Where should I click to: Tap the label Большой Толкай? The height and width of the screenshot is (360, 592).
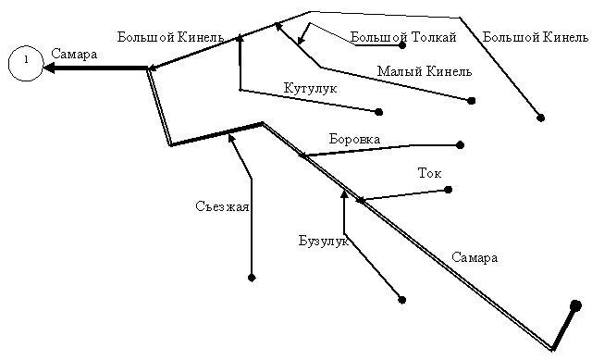(403, 37)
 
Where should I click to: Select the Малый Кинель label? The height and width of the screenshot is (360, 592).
(425, 71)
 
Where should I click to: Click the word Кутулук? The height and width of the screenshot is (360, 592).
(310, 89)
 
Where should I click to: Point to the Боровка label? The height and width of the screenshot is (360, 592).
(354, 139)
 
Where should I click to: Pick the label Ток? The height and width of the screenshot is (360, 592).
(429, 173)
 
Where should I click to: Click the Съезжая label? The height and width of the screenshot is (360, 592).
(222, 206)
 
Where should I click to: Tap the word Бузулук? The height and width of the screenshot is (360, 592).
(324, 241)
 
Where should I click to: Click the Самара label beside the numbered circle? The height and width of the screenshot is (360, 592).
(74, 54)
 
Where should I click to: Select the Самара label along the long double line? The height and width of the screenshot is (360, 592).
(475, 257)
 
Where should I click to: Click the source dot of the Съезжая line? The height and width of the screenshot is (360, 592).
(252, 278)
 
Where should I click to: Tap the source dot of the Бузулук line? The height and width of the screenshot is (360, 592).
(402, 300)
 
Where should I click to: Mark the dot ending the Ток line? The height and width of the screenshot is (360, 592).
(448, 190)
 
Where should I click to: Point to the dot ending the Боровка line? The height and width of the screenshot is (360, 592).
(460, 145)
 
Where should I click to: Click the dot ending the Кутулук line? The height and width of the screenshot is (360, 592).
(379, 112)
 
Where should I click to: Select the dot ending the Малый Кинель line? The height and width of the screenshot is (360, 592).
(471, 101)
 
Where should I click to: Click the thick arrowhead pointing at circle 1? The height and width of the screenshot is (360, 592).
(49, 68)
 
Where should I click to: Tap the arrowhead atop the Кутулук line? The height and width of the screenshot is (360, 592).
(240, 38)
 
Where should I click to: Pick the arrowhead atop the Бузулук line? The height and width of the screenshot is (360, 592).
(344, 194)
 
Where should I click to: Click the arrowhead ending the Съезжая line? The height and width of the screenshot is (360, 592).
(230, 138)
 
